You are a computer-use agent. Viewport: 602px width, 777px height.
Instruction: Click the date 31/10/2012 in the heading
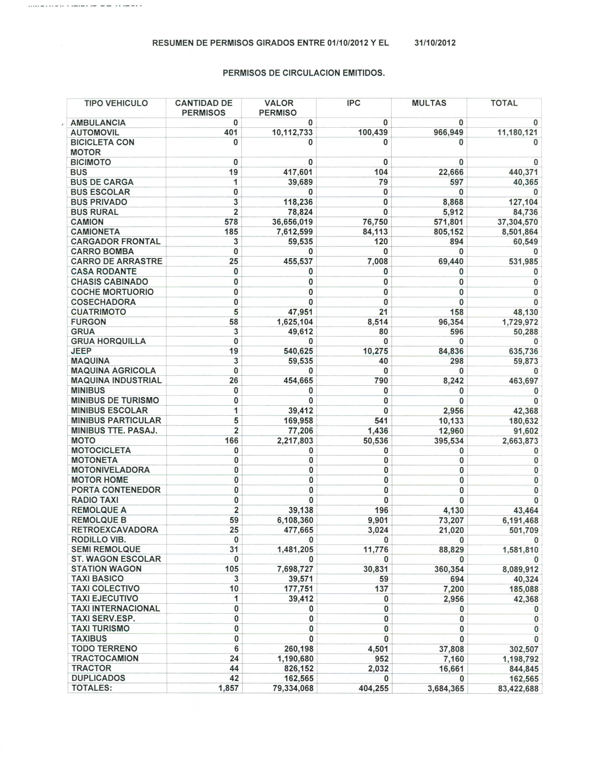click(x=435, y=43)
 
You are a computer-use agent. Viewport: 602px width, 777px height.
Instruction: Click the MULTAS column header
click(x=429, y=103)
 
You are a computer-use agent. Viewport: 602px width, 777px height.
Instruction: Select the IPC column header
click(x=354, y=103)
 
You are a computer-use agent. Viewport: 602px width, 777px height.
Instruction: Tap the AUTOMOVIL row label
click(x=95, y=133)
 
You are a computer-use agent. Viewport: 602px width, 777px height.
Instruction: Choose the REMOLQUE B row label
click(x=99, y=520)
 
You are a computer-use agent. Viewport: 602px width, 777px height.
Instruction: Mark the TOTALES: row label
click(x=92, y=688)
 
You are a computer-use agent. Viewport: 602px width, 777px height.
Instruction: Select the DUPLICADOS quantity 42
click(x=234, y=678)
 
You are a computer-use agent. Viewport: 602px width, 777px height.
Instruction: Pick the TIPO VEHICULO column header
click(x=116, y=103)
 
